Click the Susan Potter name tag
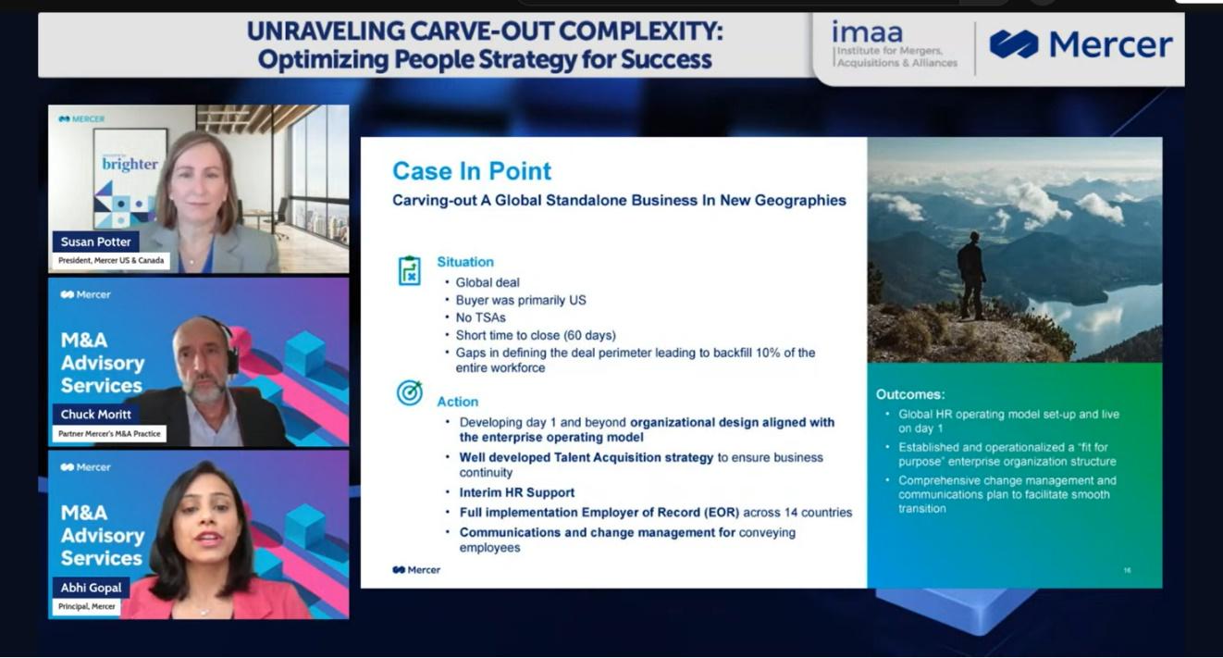point(95,242)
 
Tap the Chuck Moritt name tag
point(95,415)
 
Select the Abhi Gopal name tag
point(92,588)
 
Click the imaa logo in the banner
point(895,44)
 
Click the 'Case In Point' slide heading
point(472,171)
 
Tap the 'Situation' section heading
point(465,262)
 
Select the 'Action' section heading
point(458,402)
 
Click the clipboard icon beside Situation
point(410,270)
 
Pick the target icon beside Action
point(410,392)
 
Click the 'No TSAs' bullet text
point(480,317)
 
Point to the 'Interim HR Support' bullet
point(517,492)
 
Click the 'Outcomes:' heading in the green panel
point(910,394)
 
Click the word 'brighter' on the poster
point(130,164)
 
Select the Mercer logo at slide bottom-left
point(416,570)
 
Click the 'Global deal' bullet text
point(488,283)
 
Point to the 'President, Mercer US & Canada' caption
point(111,260)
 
